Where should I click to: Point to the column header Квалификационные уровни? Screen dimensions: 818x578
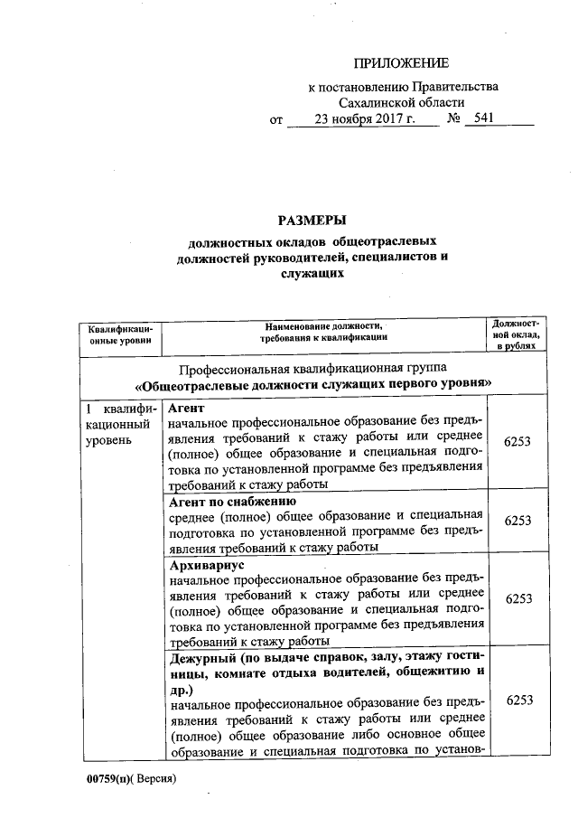[x=118, y=337]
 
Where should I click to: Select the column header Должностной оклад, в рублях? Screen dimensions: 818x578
[x=517, y=333]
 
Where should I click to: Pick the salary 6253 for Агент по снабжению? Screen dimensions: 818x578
[x=517, y=522]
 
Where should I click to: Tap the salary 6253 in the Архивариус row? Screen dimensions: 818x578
[x=517, y=599]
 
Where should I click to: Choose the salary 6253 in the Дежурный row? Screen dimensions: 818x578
[x=517, y=700]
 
